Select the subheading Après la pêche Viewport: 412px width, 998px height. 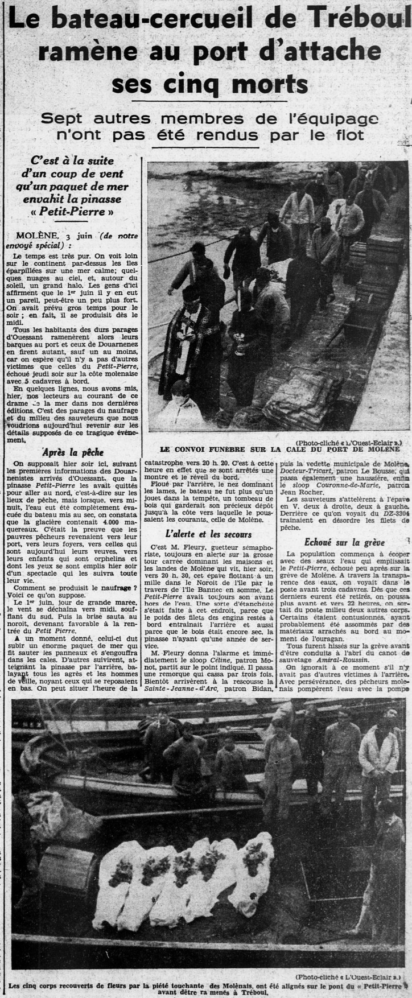pyautogui.click(x=66, y=452)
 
